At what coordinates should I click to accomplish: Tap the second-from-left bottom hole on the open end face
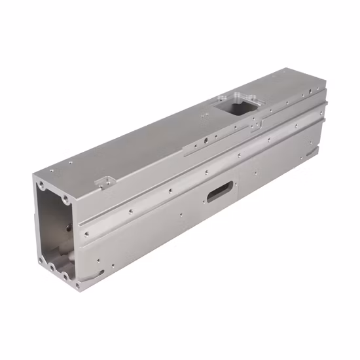52,268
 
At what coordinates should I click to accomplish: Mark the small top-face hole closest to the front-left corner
52,171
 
